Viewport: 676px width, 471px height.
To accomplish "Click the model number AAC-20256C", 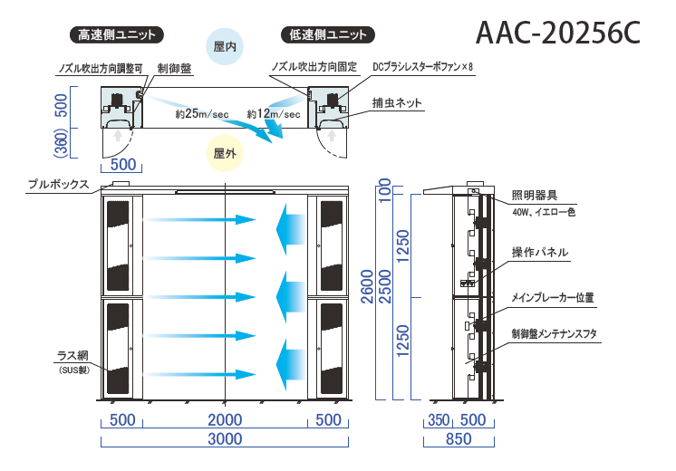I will (x=558, y=33).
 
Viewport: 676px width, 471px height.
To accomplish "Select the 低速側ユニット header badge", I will (x=329, y=35).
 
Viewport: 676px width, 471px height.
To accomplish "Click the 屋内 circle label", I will (x=224, y=45).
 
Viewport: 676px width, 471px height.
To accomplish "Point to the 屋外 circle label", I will (x=224, y=154).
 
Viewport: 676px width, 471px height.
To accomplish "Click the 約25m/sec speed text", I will (x=202, y=114).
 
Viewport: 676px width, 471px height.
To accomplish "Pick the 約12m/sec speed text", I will (x=274, y=114).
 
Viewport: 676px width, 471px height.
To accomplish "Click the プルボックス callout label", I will (x=58, y=184).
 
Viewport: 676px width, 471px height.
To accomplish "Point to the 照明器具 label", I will (x=535, y=195).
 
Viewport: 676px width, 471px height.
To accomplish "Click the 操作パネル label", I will (x=540, y=253).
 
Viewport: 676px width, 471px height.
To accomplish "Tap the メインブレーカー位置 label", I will (x=552, y=296).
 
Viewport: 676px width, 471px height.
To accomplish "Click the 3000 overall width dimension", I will (x=225, y=439).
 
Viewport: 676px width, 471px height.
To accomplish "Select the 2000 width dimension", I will (x=225, y=419).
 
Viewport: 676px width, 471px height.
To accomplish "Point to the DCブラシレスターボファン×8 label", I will (x=423, y=68).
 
